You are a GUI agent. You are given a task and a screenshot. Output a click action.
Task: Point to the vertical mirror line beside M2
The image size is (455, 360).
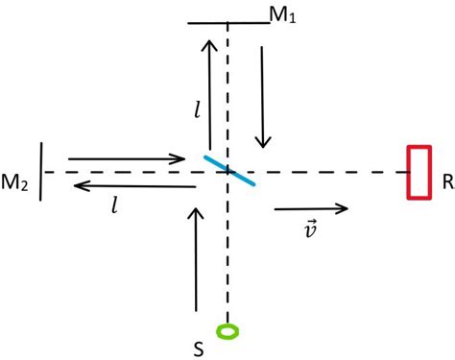(42, 172)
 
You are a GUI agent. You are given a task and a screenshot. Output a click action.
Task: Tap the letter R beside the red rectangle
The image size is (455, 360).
(447, 180)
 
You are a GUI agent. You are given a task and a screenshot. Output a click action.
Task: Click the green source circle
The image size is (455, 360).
(228, 332)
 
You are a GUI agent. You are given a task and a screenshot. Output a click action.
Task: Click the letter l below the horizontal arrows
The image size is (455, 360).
(114, 204)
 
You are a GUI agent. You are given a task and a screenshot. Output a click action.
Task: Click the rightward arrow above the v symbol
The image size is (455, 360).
(311, 206)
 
